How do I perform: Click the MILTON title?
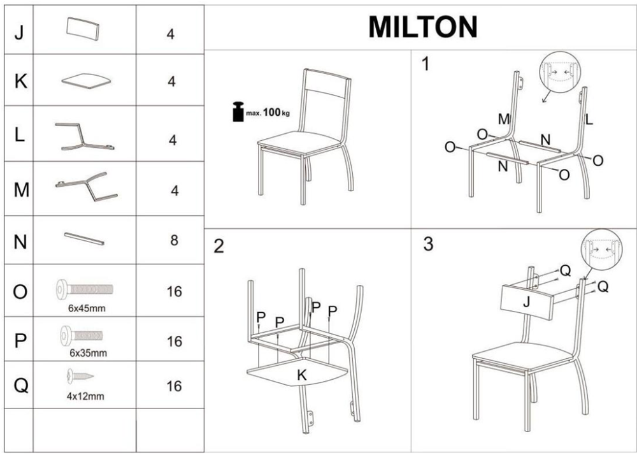point(422,27)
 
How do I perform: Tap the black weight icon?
point(238,112)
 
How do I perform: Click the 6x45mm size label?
point(87,308)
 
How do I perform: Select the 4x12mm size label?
point(85,396)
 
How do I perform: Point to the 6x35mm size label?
point(88,353)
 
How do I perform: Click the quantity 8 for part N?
point(174,240)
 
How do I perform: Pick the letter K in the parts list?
point(21,82)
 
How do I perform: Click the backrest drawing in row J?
point(83,29)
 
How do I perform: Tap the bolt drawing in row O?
point(85,289)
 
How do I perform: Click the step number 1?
point(426,64)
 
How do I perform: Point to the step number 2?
point(218,246)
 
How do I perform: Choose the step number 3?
point(428,244)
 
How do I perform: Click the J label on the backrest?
point(527,303)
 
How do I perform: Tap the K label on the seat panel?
point(302,375)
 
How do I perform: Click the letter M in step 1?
point(504,119)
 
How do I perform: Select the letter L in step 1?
point(589,119)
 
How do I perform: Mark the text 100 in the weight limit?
point(272,112)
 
